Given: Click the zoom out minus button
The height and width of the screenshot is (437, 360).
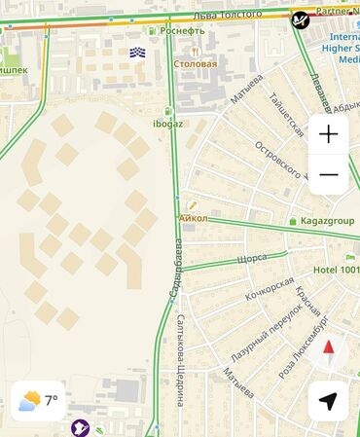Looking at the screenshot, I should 329,175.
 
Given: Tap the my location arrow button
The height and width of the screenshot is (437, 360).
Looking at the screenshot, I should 329,400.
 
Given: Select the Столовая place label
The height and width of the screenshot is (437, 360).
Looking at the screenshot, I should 195,64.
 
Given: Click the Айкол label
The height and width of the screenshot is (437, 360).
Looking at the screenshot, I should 195,219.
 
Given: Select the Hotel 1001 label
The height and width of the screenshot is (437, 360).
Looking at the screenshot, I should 334,270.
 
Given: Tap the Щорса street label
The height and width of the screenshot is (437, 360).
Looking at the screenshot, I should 252,259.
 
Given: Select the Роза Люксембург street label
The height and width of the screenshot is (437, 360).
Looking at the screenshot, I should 304,346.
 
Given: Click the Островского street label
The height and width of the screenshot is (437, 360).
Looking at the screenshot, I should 280,151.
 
